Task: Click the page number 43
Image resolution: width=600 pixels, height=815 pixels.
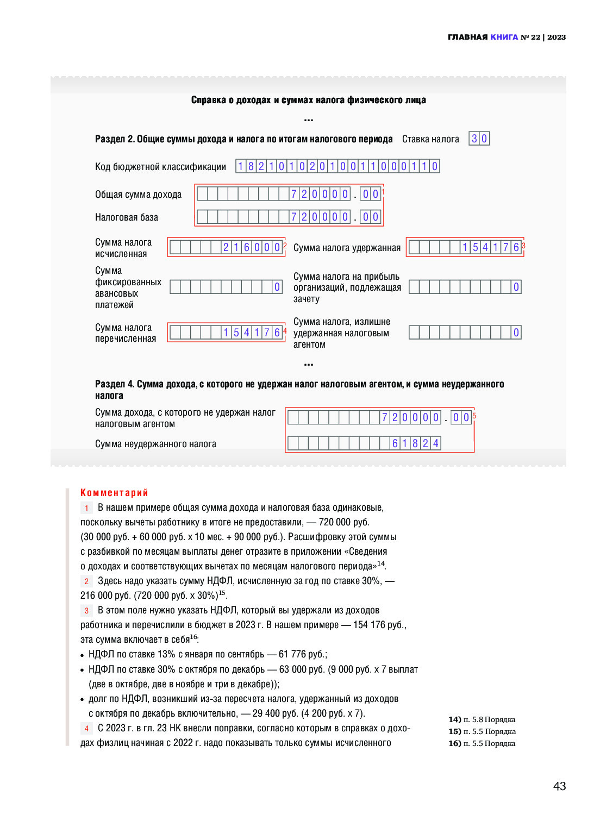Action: coord(559,786)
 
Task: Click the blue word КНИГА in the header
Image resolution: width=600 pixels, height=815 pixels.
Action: coord(504,37)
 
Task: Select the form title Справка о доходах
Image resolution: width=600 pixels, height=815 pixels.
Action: coord(308,100)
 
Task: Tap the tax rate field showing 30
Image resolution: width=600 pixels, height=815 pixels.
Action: coord(479,139)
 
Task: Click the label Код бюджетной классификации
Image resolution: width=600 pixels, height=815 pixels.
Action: coord(160,167)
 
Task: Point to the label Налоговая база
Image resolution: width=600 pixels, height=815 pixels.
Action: coord(127,217)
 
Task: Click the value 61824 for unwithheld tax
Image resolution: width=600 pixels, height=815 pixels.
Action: coord(415,443)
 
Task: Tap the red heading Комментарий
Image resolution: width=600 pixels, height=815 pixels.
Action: coord(114,493)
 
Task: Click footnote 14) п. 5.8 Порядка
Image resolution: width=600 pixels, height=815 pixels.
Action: coord(482,719)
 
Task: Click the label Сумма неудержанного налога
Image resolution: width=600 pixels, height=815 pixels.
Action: coord(155,444)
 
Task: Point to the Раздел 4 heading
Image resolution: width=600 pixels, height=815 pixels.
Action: coord(299,390)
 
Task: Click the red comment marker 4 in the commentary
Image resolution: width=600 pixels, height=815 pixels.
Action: coord(86,729)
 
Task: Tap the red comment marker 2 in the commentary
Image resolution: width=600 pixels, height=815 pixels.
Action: coord(86,581)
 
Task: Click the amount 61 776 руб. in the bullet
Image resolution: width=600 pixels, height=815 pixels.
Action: coord(302,654)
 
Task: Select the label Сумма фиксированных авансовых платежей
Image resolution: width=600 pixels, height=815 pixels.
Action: coord(128,287)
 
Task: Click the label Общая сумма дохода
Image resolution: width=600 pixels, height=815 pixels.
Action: coord(138,195)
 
